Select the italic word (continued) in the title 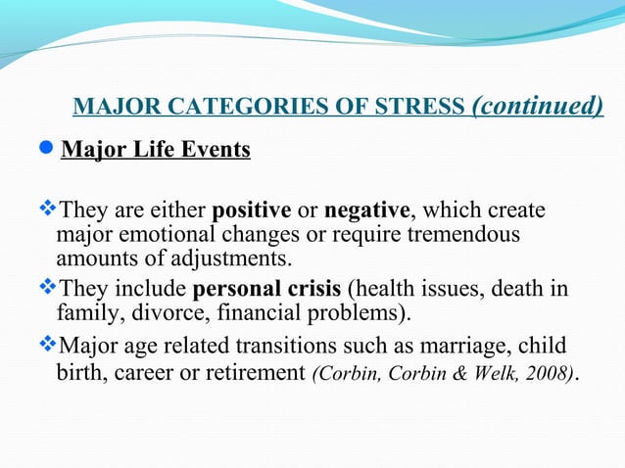coord(538,105)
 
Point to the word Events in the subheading coord(219,151)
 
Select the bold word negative coord(366,211)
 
